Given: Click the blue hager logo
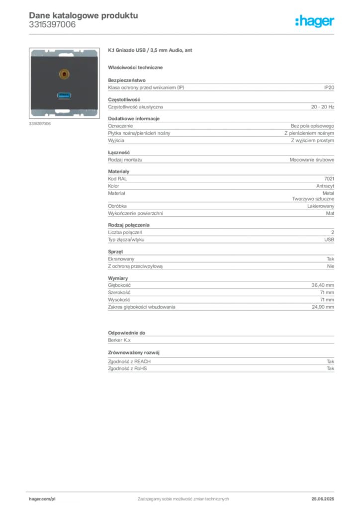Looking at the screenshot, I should click(x=315, y=21).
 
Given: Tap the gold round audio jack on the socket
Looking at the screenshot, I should click(x=64, y=75).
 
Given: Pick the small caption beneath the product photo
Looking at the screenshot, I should click(x=40, y=124).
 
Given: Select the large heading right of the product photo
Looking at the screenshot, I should click(x=151, y=51).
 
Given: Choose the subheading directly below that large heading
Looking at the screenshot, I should click(x=137, y=67).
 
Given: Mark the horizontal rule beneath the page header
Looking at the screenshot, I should click(x=183, y=34).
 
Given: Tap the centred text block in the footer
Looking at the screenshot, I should click(x=183, y=496).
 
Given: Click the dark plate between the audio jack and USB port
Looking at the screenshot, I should click(x=64, y=85).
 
